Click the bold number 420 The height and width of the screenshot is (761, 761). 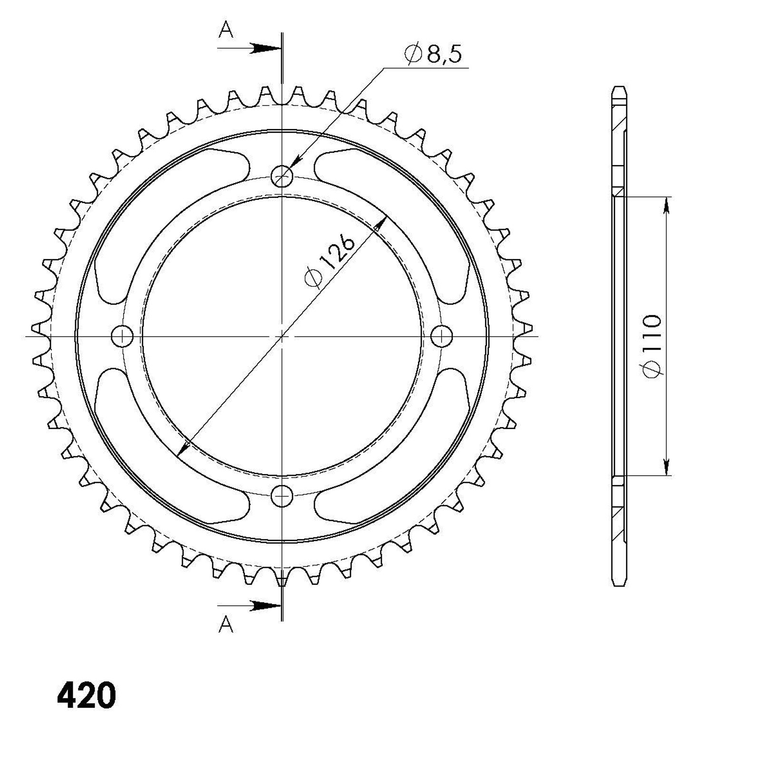coord(86,696)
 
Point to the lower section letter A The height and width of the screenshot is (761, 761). coord(226,625)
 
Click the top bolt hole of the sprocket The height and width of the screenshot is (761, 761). coord(282,177)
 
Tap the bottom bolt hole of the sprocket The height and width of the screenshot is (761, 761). coord(282,496)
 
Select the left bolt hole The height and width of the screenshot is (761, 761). coord(122,336)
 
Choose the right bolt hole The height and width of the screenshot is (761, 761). coord(442,336)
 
